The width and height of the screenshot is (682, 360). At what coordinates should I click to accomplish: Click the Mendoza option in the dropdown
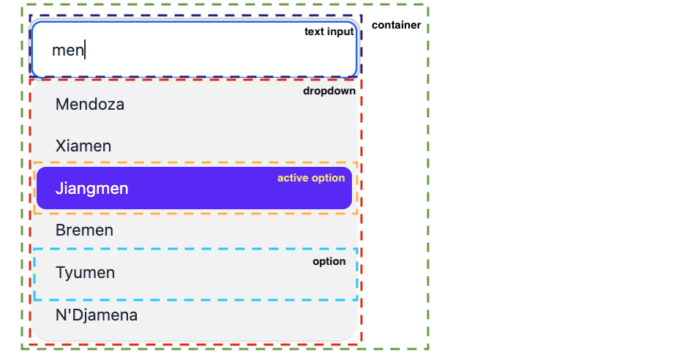(x=90, y=105)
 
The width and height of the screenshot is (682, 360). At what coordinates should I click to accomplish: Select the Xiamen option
(x=83, y=146)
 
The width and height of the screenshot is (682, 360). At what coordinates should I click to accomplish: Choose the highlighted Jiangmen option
(x=92, y=189)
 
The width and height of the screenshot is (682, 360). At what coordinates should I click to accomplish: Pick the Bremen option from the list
(x=84, y=230)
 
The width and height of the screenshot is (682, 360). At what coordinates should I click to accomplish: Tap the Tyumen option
(x=86, y=273)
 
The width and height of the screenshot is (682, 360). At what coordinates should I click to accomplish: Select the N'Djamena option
(x=97, y=315)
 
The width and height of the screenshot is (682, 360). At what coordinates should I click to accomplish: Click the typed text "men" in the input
(x=67, y=50)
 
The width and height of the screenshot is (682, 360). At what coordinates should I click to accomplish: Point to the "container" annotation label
(x=396, y=25)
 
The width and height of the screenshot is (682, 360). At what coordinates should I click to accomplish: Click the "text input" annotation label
(x=329, y=31)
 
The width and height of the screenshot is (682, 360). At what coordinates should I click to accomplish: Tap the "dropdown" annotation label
(x=329, y=91)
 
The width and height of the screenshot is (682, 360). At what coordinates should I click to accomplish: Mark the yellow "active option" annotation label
(x=310, y=178)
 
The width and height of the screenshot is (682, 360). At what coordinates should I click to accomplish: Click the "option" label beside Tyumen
(x=329, y=261)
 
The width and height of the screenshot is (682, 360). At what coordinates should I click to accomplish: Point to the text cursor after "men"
(x=86, y=50)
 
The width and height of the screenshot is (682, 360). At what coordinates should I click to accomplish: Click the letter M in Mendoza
(x=61, y=105)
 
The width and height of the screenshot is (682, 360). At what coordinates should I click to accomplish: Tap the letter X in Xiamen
(x=60, y=146)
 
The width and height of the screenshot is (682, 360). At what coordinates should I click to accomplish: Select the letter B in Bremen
(x=60, y=230)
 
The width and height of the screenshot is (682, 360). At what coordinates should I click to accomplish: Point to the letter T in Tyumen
(x=60, y=273)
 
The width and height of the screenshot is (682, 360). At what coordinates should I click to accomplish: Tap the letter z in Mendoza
(x=110, y=105)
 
